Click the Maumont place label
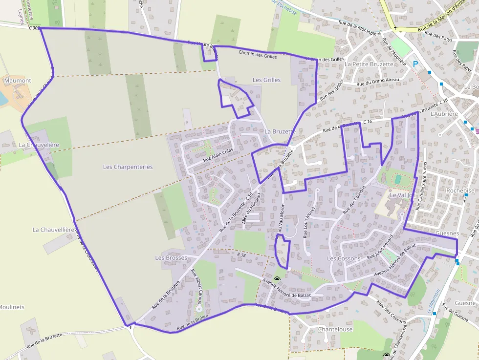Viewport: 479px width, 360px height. pos(18,81)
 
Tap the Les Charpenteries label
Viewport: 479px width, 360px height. pos(128,167)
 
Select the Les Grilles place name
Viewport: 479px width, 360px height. pos(266,80)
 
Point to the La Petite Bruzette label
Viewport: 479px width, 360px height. pos(369,64)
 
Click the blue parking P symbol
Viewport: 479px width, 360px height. pos(415,64)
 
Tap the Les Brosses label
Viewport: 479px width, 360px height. pos(171,257)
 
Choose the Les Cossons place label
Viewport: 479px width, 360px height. pos(344,258)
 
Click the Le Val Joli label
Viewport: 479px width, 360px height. pos(401,194)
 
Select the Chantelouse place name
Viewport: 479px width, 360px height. pos(335,329)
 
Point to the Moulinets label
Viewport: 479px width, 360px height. pos(12,307)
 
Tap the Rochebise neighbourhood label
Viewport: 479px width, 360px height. pos(460,191)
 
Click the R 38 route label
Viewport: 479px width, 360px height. pos(241,254)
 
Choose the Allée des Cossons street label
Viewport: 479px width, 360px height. pos(391,312)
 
